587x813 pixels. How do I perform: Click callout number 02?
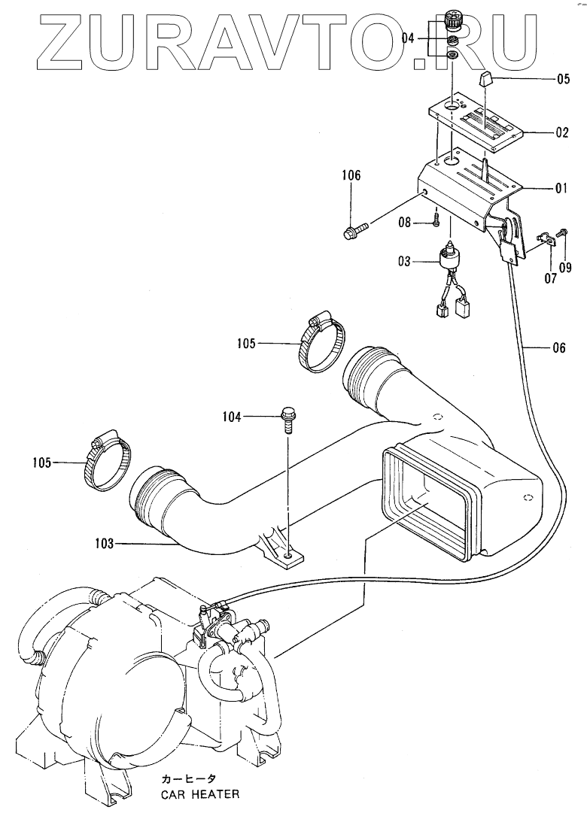click(x=561, y=132)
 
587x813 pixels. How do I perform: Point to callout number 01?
click(x=561, y=189)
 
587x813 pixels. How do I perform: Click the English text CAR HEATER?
click(x=199, y=794)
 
